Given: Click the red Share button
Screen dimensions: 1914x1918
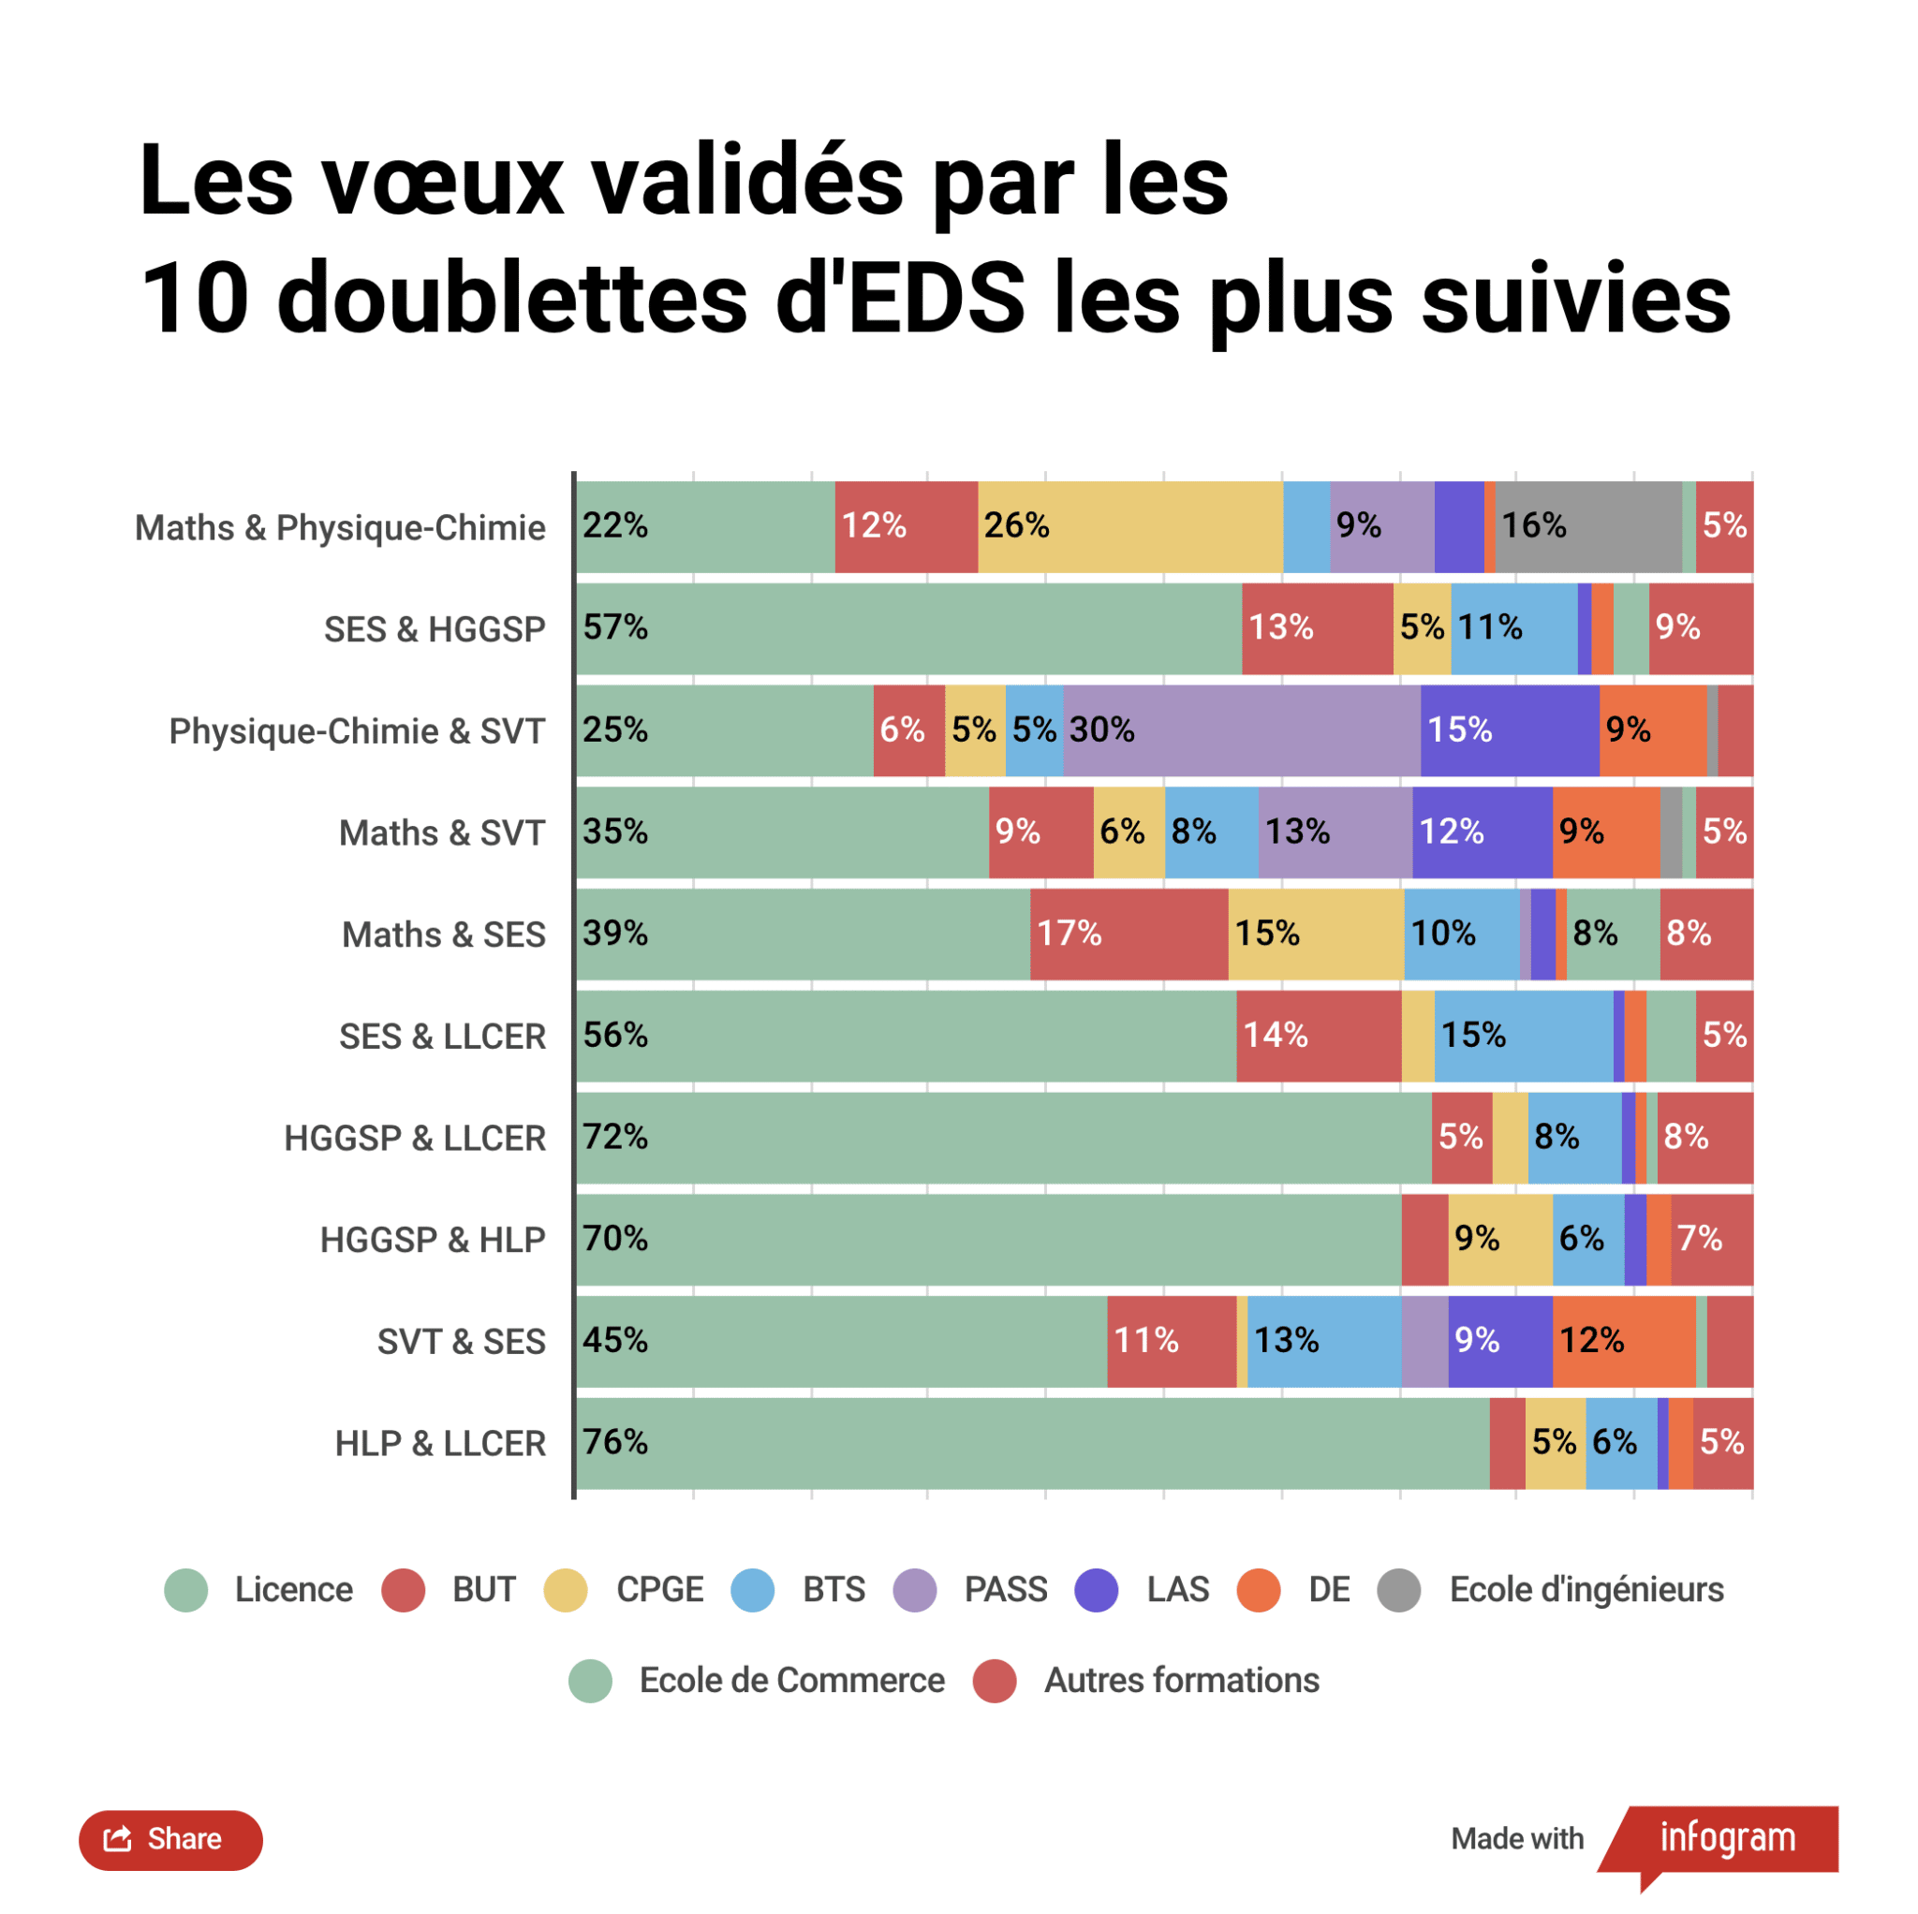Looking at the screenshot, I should click(x=170, y=1839).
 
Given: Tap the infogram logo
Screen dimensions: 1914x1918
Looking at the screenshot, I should click(x=1726, y=1837).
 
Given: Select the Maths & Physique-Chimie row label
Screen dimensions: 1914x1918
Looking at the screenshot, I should click(x=340, y=528).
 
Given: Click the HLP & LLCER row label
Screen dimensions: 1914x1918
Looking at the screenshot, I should click(x=440, y=1443).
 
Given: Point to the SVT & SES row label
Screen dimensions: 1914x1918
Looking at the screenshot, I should click(x=461, y=1341).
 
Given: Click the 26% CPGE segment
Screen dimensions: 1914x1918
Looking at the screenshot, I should click(x=1129, y=527).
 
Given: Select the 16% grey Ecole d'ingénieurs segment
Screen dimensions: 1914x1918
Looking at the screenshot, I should click(x=1587, y=527).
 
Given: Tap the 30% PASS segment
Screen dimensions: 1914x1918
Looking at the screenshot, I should click(x=1241, y=730).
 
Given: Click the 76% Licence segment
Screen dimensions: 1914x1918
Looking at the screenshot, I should click(x=1032, y=1443).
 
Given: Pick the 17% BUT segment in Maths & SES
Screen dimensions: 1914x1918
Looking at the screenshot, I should click(x=1129, y=935).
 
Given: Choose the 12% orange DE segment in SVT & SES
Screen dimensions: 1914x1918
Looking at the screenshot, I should click(x=1623, y=1341).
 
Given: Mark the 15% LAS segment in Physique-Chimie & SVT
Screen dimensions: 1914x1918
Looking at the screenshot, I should click(x=1509, y=730).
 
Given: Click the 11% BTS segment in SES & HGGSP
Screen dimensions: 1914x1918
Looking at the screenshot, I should click(x=1513, y=628).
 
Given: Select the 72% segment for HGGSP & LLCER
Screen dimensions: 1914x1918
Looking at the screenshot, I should click(x=1003, y=1138).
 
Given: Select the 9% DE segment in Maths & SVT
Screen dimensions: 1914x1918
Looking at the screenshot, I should click(x=1605, y=832).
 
